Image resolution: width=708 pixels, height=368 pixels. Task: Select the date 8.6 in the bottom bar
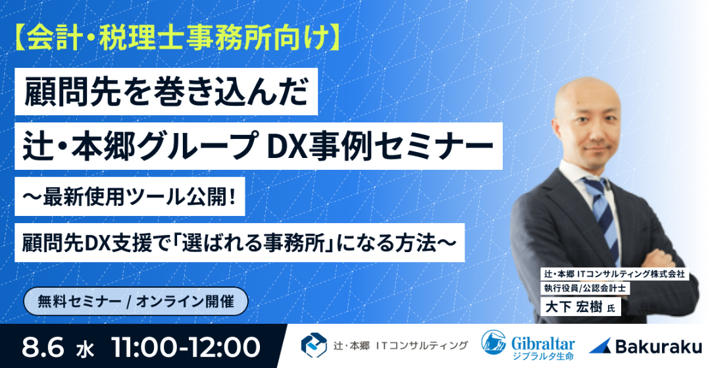click(44, 346)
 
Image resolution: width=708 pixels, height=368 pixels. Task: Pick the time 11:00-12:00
click(186, 346)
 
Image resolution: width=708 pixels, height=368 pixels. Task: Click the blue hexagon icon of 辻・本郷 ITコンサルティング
click(314, 344)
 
